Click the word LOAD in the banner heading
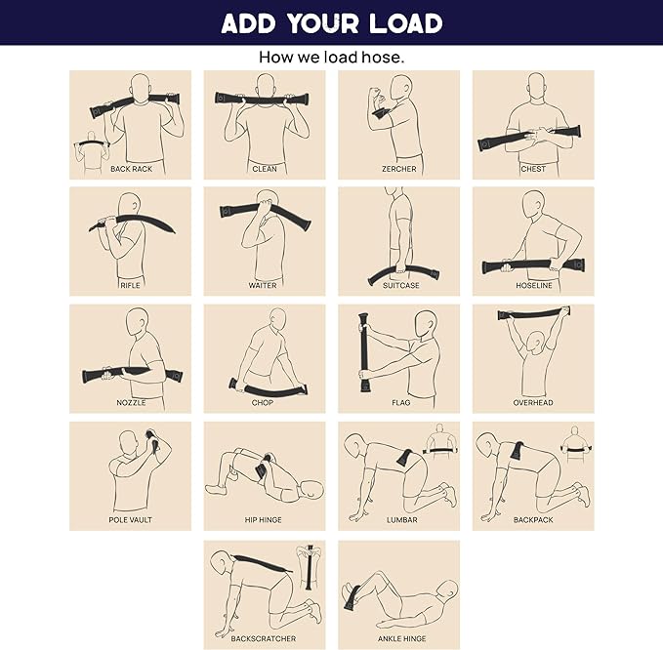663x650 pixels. [405, 22]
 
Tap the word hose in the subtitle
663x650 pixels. [380, 57]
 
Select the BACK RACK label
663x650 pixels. [131, 169]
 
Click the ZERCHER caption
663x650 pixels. [399, 169]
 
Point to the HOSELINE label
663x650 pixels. [533, 285]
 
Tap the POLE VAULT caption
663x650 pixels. [130, 520]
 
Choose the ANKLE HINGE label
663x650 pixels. [401, 638]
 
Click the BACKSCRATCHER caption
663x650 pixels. [263, 638]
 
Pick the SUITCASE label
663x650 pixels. [401, 285]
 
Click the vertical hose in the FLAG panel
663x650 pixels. [363, 352]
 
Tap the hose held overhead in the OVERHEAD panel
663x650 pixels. [533, 313]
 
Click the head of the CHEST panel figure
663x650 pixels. [536, 87]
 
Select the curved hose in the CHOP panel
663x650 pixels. [269, 388]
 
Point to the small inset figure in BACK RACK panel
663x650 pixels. [92, 152]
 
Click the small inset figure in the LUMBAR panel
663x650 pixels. [440, 439]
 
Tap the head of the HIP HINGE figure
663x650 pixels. [311, 490]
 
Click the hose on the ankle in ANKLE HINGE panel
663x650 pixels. [353, 596]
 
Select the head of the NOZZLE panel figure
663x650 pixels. [138, 322]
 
